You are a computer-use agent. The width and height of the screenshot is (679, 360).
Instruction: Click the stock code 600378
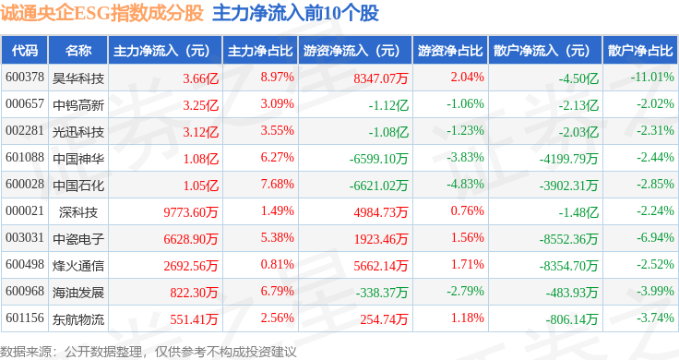point(25,78)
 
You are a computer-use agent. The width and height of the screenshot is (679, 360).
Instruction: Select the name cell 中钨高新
point(78,105)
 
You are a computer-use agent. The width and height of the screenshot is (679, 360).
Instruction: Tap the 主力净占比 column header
point(260,51)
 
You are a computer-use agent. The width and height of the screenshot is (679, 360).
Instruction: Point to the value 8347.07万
point(381,78)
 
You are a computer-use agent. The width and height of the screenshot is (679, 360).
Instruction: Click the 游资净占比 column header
point(450,51)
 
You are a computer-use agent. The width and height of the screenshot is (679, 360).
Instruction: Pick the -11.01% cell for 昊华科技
point(652,78)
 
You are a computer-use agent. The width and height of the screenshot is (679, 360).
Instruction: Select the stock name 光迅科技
point(78,132)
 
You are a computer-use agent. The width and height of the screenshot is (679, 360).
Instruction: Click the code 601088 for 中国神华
point(25,157)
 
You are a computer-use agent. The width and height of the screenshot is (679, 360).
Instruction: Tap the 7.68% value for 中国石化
point(277,184)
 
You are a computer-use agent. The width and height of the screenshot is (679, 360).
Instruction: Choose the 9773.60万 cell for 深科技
point(191,212)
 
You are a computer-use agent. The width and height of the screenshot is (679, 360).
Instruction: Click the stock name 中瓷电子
point(78,239)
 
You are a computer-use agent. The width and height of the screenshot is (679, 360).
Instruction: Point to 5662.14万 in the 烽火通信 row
point(381,266)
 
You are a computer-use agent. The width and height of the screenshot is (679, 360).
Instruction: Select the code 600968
point(25,291)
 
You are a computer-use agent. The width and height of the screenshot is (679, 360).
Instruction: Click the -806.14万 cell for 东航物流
point(572,319)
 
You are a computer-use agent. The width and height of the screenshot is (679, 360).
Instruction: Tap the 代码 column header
point(25,51)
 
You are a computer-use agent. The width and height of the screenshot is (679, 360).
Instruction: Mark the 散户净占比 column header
point(640,51)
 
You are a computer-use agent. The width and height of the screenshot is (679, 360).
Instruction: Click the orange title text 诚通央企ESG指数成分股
point(101,13)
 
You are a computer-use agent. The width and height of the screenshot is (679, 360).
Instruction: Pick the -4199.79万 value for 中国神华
point(568,159)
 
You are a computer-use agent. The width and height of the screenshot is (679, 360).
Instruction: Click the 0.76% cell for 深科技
point(467,211)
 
